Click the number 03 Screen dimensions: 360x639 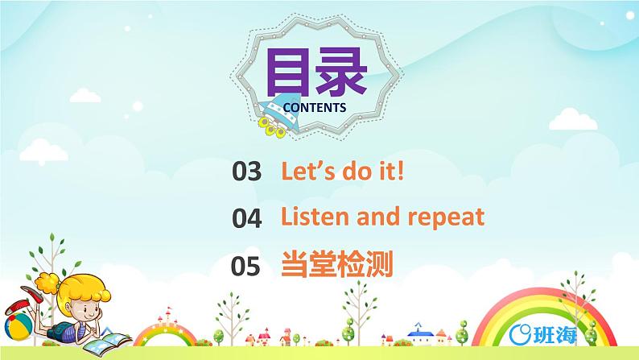pos(247,172)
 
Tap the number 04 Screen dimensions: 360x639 pos(247,218)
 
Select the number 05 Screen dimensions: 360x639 pos(247,265)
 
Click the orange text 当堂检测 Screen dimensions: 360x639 pos(337,265)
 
